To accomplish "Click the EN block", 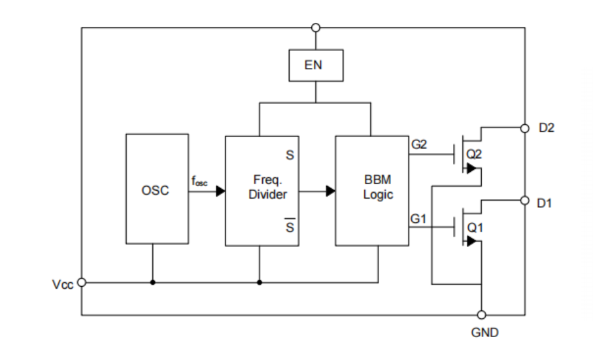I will (x=316, y=65).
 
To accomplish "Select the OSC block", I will (x=157, y=190).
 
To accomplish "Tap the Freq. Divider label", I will (x=267, y=186).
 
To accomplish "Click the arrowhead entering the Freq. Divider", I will (x=220, y=191).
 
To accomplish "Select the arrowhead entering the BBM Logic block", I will (x=331, y=191).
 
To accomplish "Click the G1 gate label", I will (x=419, y=219).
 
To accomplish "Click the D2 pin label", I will (x=546, y=128).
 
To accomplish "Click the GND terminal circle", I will (x=482, y=315).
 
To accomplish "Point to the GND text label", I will (x=484, y=333).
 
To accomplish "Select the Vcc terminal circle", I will (x=82, y=282).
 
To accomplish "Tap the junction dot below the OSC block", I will (x=153, y=282).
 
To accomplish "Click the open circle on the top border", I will (x=316, y=27).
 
